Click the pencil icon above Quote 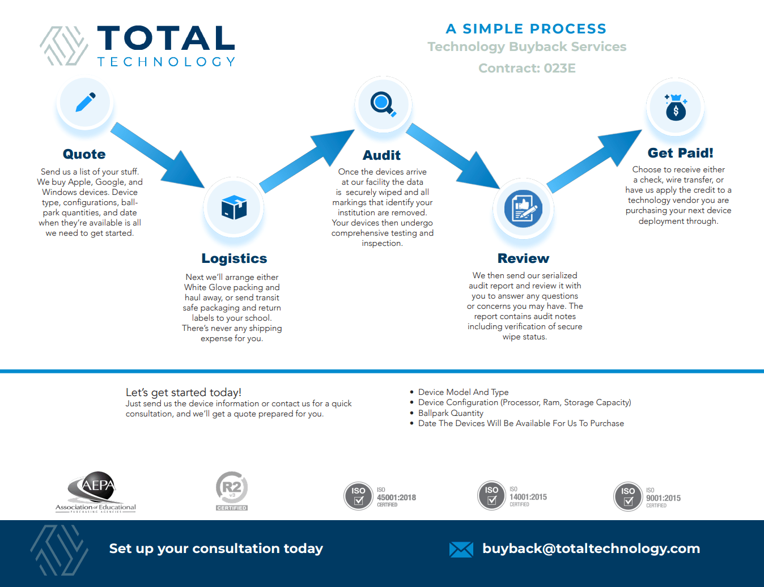(86, 103)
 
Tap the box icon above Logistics (234, 207)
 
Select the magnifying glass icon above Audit (383, 104)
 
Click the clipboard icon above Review (523, 209)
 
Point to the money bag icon (675, 107)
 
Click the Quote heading (84, 154)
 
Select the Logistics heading (234, 258)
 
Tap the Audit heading (381, 155)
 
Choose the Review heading (523, 258)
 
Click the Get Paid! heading (680, 153)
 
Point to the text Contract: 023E (527, 68)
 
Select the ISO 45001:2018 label (396, 497)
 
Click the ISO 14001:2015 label (528, 497)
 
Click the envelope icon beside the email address (461, 549)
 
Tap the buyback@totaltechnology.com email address (591, 548)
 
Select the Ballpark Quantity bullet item (451, 413)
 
